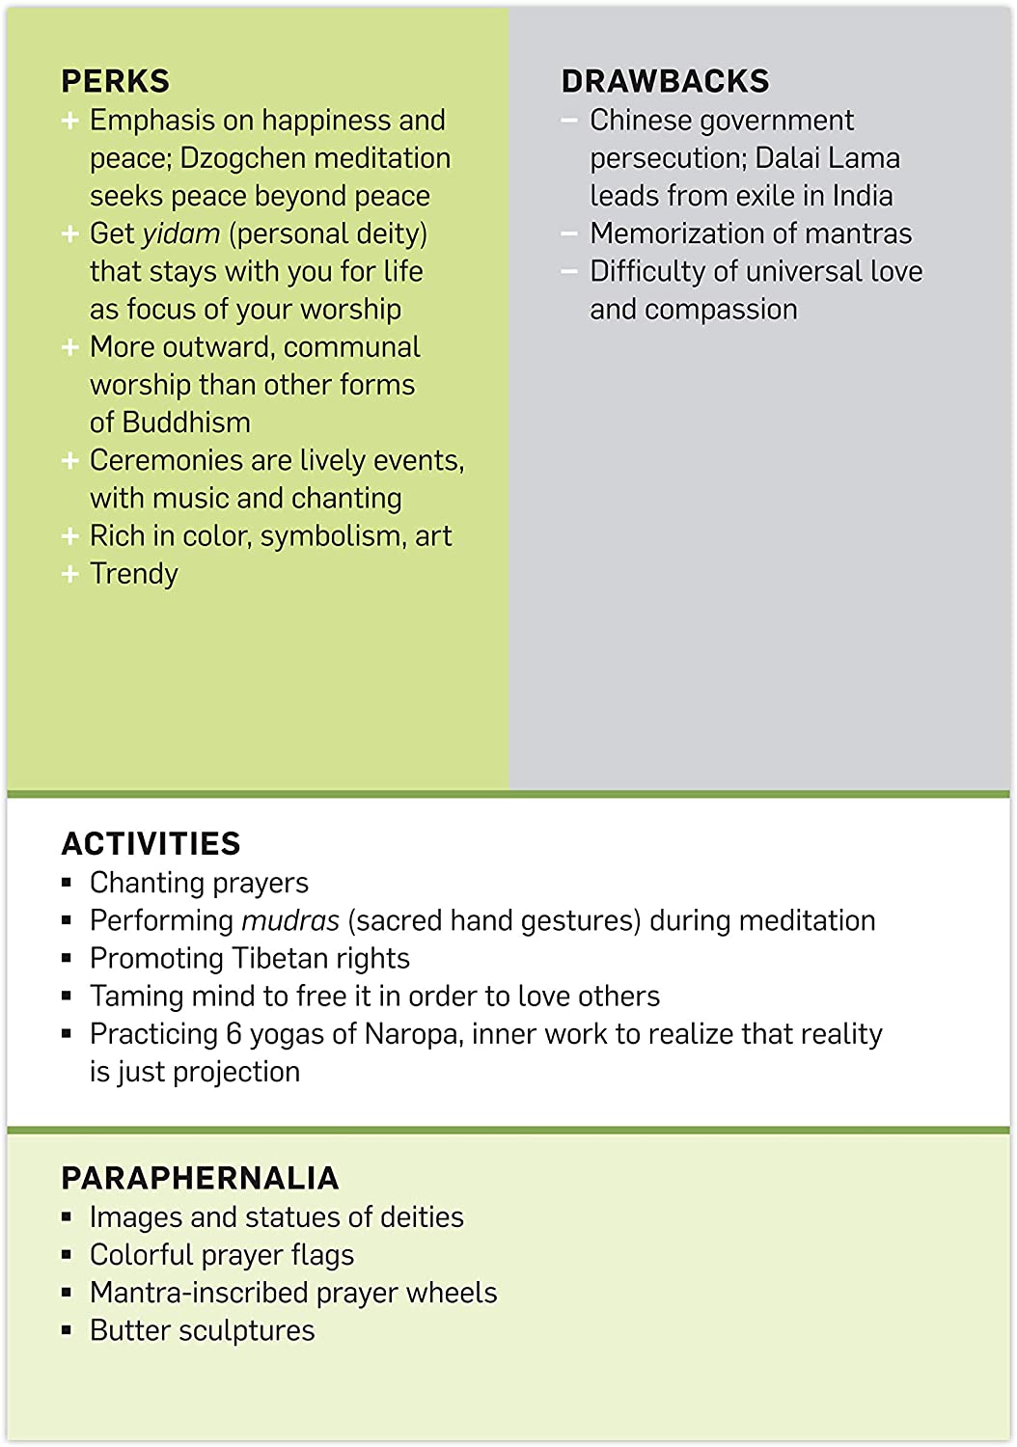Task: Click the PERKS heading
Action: (x=115, y=81)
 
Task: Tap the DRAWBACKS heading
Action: (x=665, y=81)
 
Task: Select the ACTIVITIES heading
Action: (x=151, y=844)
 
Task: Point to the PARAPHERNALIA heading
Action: (x=200, y=1178)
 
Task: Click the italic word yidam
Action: (x=181, y=234)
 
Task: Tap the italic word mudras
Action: (x=290, y=921)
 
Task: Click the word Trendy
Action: (x=134, y=574)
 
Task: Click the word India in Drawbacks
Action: (x=863, y=196)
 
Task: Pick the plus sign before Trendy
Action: (x=69, y=574)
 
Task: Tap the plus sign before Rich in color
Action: (x=69, y=536)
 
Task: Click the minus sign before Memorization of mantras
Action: (x=569, y=234)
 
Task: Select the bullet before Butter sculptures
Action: (x=67, y=1330)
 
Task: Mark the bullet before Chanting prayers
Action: (x=67, y=883)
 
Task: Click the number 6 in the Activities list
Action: (x=234, y=1034)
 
